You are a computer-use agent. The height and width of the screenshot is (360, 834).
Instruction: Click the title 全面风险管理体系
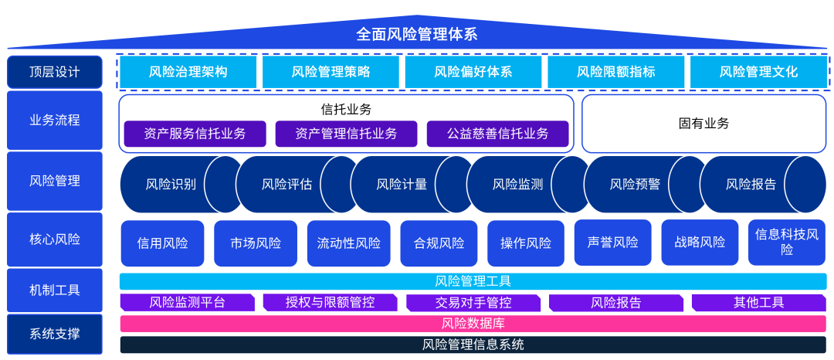pos(417,34)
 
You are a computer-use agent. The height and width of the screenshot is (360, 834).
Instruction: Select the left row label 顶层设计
pos(55,72)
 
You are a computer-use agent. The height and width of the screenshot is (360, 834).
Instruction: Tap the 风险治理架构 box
pos(188,72)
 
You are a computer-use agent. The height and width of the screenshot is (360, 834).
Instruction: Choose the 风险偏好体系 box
pos(473,72)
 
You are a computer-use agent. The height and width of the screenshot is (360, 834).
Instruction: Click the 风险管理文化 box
pos(758,72)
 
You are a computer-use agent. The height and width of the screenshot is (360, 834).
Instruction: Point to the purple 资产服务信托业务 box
pos(195,134)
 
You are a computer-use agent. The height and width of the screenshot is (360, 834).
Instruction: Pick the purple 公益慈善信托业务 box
pos(497,134)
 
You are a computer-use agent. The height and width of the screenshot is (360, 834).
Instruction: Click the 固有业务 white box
pos(703,124)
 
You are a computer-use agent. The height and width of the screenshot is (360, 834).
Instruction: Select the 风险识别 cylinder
pos(171,185)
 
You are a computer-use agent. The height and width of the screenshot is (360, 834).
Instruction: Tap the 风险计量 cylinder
pos(402,185)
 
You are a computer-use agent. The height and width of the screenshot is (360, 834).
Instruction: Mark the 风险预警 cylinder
pos(635,185)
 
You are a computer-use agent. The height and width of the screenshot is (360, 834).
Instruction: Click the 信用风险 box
pos(162,243)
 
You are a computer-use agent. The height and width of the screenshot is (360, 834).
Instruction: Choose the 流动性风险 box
pos(348,243)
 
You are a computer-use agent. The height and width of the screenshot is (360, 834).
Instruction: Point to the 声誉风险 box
pos(607,243)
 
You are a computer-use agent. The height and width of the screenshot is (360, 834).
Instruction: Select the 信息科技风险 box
pos(786,243)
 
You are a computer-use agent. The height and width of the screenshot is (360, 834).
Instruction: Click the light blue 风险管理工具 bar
pos(473,281)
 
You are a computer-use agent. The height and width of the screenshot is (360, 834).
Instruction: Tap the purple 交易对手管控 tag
pos(473,303)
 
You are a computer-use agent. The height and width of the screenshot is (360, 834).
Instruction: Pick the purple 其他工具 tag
pos(758,303)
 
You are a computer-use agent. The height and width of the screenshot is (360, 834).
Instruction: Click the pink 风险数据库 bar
pos(473,324)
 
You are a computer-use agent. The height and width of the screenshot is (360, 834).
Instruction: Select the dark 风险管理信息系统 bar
pos(473,345)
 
